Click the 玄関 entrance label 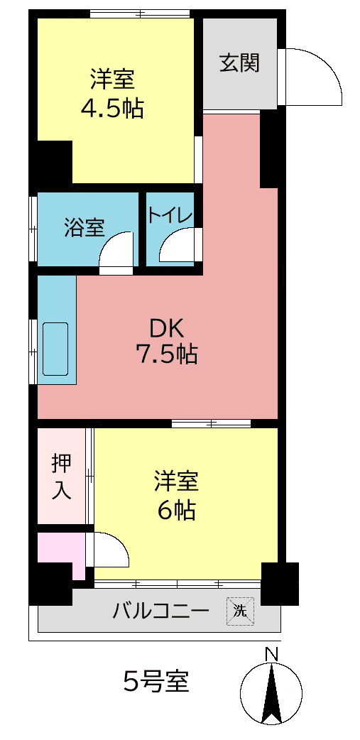(240, 64)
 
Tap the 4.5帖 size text (112, 109)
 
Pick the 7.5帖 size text (166, 354)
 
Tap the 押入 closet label (62, 477)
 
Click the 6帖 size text (177, 510)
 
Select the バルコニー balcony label (160, 611)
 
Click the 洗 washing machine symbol (240, 611)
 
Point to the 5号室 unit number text (156, 680)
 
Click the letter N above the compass (271, 655)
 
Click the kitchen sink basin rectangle (55, 349)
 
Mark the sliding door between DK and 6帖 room (212, 423)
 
